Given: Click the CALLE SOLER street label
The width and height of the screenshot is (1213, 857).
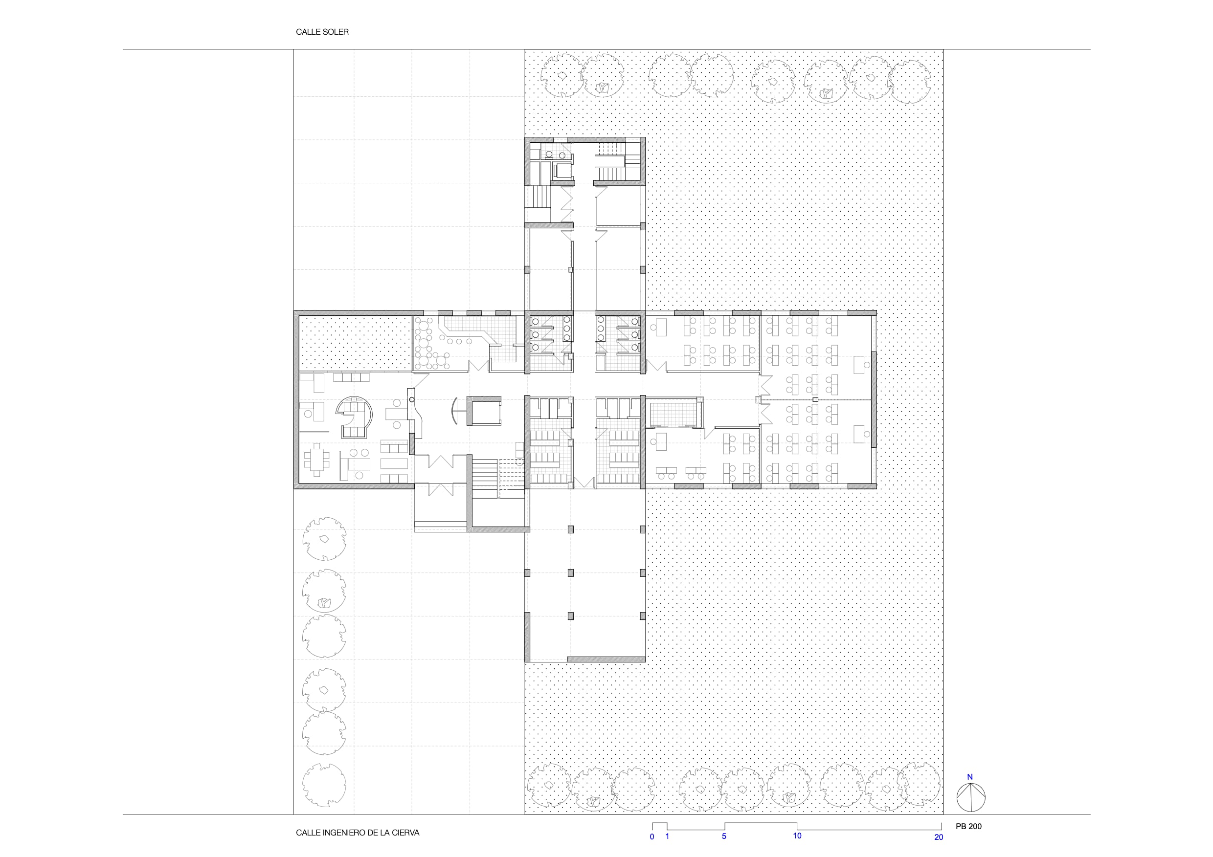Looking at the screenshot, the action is click(322, 32).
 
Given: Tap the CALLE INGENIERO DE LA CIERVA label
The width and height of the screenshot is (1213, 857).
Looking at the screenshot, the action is click(357, 833).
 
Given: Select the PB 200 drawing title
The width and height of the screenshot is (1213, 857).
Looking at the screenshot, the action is click(968, 826).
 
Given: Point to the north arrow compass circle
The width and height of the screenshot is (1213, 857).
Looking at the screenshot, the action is click(971, 798).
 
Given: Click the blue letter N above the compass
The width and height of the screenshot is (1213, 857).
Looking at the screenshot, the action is click(970, 777).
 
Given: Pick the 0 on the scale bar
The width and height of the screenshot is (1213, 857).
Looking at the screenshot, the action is click(652, 836).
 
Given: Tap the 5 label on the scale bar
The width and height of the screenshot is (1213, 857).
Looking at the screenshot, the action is click(724, 836).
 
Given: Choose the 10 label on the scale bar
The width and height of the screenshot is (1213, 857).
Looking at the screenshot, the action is click(797, 836).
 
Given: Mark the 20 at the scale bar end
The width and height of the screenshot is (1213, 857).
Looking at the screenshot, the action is click(939, 837).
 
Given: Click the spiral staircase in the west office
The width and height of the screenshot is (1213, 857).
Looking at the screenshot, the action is click(355, 418).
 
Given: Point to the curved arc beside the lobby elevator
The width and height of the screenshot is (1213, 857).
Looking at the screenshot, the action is click(454, 411).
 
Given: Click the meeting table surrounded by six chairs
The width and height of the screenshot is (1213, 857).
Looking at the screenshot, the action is click(316, 460).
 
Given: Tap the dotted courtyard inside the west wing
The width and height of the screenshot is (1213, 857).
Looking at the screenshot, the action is click(355, 343).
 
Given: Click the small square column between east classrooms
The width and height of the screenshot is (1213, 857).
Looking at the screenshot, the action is click(815, 400).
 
